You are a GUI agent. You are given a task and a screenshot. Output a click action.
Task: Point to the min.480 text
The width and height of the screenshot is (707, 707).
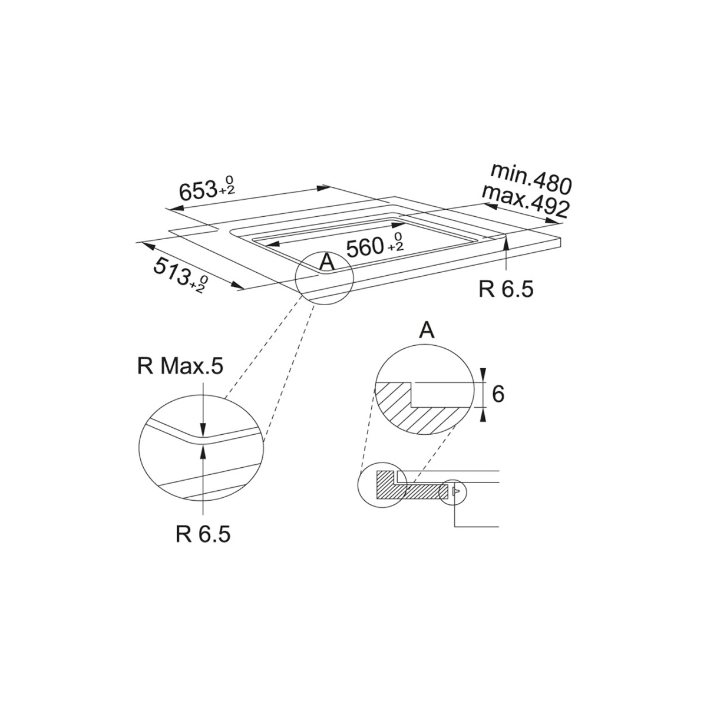click(531, 179)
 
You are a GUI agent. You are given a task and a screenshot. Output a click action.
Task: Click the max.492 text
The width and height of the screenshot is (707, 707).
click(526, 201)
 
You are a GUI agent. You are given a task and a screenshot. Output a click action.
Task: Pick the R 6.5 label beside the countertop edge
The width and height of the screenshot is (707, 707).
click(506, 289)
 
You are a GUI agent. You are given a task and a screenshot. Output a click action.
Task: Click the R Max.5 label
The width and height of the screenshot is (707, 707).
click(180, 366)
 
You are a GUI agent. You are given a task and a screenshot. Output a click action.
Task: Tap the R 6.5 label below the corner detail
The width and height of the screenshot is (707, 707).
click(203, 534)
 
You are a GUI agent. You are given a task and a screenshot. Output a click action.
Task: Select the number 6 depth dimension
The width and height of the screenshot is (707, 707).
click(498, 394)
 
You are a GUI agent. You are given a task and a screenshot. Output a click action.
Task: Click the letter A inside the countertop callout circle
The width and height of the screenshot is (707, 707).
click(327, 262)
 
